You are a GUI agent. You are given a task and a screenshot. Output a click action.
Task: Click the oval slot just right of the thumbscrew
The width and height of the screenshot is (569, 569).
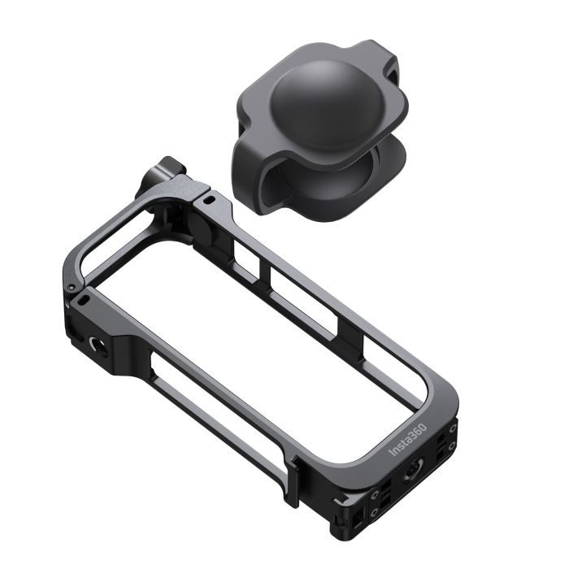[x=209, y=198]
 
